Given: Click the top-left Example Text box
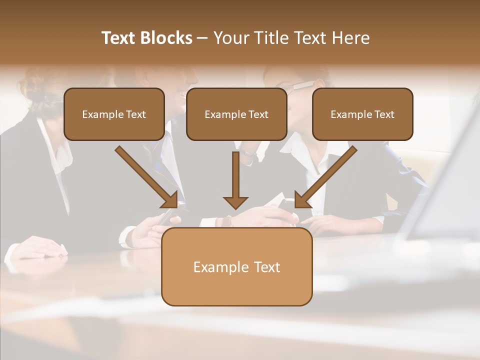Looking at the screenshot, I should coord(114,114).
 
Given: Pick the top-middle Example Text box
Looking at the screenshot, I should coord(236,114).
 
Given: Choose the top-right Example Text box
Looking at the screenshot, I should coord(362,114).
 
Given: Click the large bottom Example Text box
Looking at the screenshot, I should coord(236,267).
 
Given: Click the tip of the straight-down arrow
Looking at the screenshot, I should coord(235,207).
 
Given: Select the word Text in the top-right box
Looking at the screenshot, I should coord(384,114).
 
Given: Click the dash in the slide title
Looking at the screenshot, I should coord(202,38).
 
